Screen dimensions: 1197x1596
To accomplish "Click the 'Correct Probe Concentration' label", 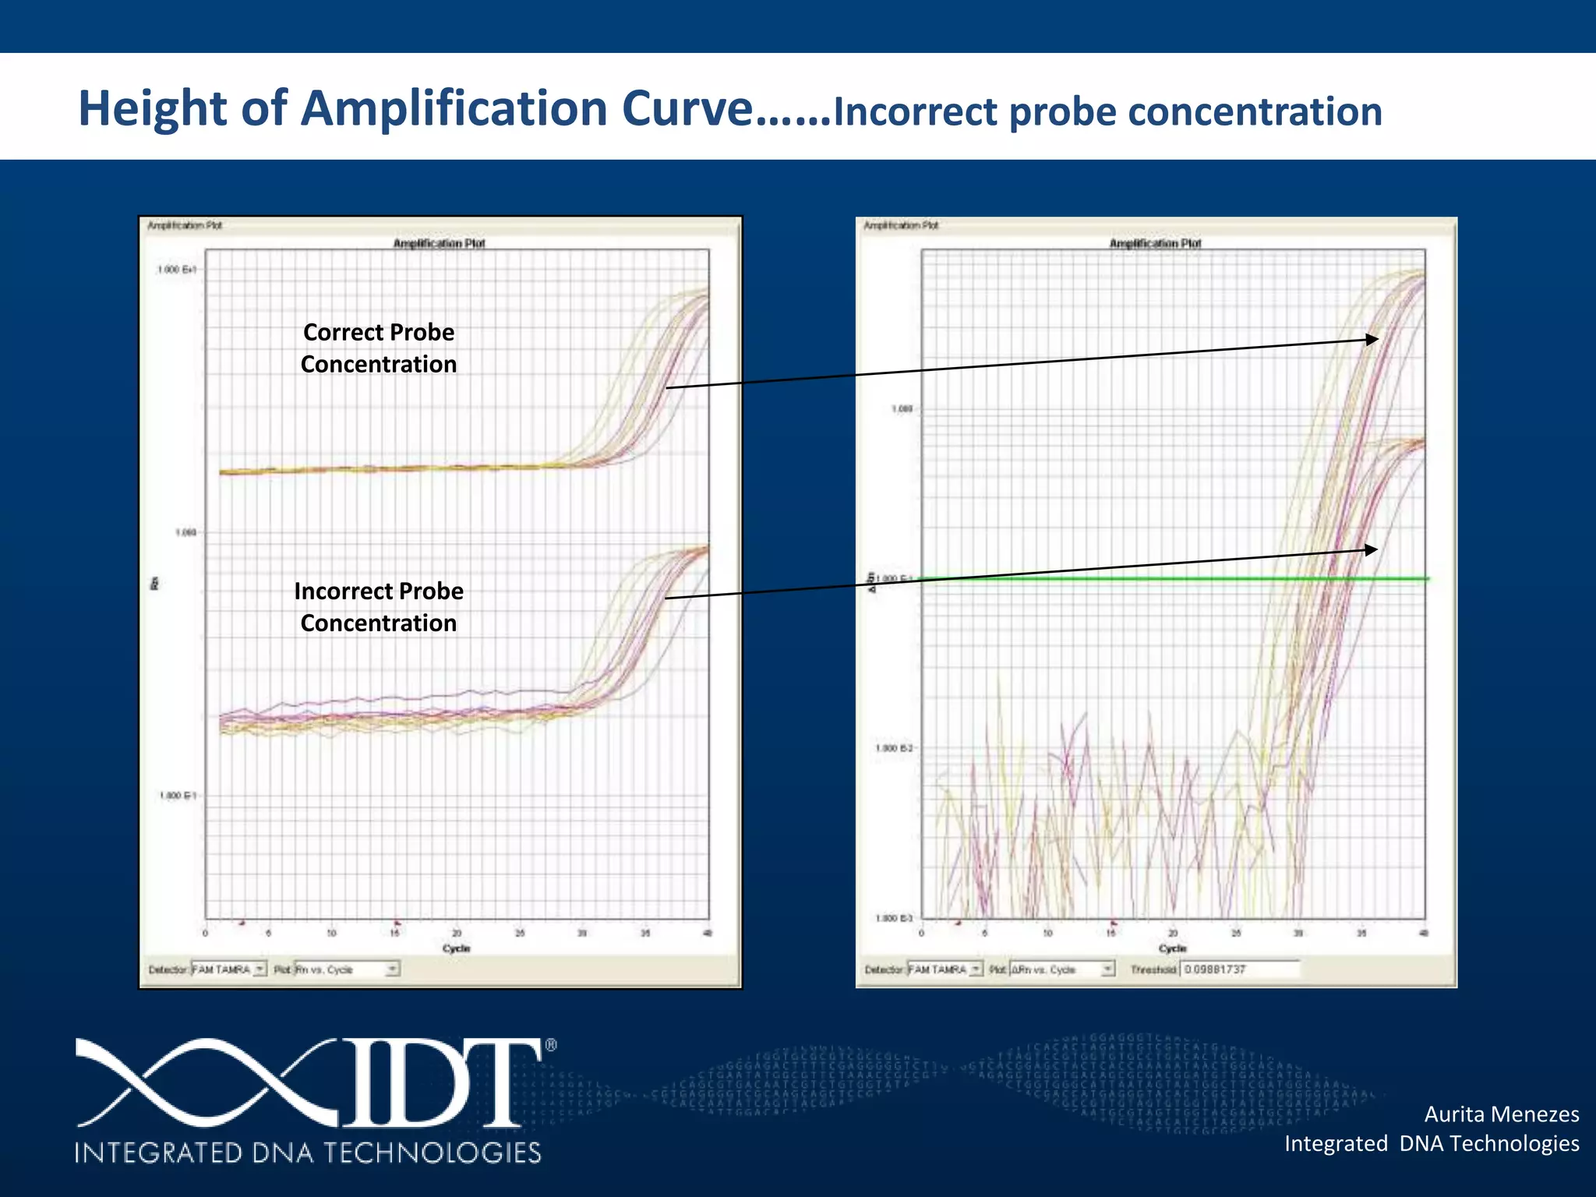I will (x=379, y=348).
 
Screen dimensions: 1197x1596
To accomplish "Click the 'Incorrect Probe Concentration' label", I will (x=379, y=607).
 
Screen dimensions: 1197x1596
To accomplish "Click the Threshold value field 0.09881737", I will (x=1239, y=969).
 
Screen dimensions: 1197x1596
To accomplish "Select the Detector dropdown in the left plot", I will (x=228, y=969).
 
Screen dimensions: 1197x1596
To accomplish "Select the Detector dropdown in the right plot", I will (x=945, y=969).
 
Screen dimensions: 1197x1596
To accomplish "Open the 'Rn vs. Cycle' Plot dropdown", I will (x=346, y=969).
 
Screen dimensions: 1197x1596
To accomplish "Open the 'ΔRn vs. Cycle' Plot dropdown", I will (x=1062, y=969).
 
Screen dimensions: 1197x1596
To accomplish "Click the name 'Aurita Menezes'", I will (x=1501, y=1114).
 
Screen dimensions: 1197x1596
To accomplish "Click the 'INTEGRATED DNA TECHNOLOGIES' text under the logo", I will (x=308, y=1153).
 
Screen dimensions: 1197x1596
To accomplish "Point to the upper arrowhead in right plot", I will (x=1372, y=339).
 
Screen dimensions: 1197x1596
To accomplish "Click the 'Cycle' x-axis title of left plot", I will (x=457, y=948).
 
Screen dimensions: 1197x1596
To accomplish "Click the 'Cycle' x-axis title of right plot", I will (x=1172, y=948).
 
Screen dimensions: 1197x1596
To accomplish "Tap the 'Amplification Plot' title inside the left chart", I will (x=439, y=243).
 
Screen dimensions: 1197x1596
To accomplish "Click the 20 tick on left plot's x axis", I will (x=457, y=933).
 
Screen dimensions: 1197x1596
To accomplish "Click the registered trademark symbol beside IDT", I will (x=551, y=1046).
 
